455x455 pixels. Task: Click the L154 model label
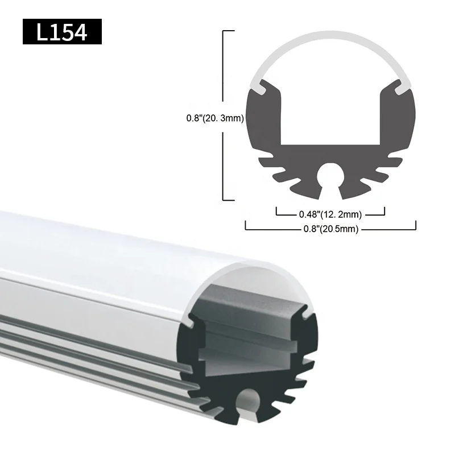pos(62,32)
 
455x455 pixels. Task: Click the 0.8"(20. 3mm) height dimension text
pos(215,119)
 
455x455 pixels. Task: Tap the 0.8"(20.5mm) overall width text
pos(330,229)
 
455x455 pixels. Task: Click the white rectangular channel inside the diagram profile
pos(330,114)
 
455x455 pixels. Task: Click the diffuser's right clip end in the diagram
pos(402,89)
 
